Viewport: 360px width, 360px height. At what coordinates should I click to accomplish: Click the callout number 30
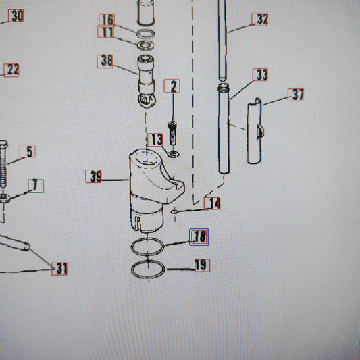click(x=16, y=16)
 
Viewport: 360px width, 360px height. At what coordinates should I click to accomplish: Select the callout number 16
click(x=107, y=20)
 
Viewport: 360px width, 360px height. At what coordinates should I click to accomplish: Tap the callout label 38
click(x=105, y=61)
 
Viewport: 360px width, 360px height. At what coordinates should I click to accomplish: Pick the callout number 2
click(x=172, y=86)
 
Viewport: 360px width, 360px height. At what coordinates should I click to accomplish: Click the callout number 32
click(x=259, y=20)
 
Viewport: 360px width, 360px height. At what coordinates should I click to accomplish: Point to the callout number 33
click(x=260, y=74)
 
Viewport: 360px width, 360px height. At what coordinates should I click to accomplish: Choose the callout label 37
click(x=296, y=95)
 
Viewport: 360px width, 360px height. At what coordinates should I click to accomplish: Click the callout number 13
click(x=155, y=140)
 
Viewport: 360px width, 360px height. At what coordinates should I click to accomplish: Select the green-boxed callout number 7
click(x=36, y=186)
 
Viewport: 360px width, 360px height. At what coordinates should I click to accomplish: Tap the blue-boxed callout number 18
click(x=199, y=237)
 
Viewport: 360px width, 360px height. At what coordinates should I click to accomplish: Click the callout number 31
click(x=59, y=269)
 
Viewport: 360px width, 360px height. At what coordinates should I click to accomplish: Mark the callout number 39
click(x=93, y=176)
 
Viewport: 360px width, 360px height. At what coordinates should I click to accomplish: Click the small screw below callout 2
click(x=172, y=133)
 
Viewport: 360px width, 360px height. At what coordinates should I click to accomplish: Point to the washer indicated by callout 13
click(x=174, y=154)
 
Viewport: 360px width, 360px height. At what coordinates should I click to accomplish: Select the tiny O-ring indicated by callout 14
click(x=174, y=211)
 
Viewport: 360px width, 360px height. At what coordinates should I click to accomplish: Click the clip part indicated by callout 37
click(x=255, y=131)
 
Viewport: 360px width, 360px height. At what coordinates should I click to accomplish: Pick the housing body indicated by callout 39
click(x=147, y=184)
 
